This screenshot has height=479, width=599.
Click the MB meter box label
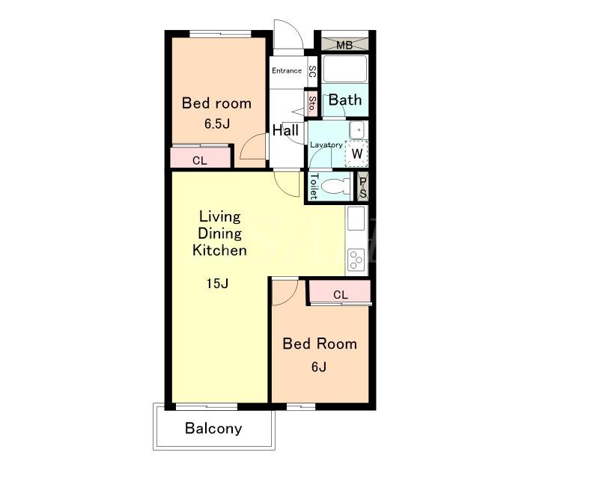tap(344, 45)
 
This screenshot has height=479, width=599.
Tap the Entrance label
tap(287, 70)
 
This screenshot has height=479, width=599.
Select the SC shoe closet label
tap(312, 71)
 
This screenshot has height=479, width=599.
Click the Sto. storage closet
tap(311, 103)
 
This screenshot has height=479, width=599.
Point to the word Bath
tap(345, 100)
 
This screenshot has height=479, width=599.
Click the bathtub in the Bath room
tap(344, 69)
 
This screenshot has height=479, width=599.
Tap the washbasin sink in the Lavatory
tap(357, 130)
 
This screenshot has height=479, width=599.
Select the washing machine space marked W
tap(356, 153)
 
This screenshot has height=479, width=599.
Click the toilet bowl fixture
tap(335, 187)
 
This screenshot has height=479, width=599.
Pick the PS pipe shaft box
tap(362, 187)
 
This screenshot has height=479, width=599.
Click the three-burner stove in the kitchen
tap(356, 260)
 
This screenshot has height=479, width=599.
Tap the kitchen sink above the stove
tap(356, 219)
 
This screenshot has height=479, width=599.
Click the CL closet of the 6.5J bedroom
tap(200, 156)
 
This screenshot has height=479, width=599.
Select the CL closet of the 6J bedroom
tap(340, 292)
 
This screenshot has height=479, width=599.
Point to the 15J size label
tap(217, 284)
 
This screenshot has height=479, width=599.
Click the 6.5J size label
tap(217, 123)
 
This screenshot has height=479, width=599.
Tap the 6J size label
tap(319, 367)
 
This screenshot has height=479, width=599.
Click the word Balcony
tap(213, 429)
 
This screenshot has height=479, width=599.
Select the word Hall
tap(285, 130)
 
